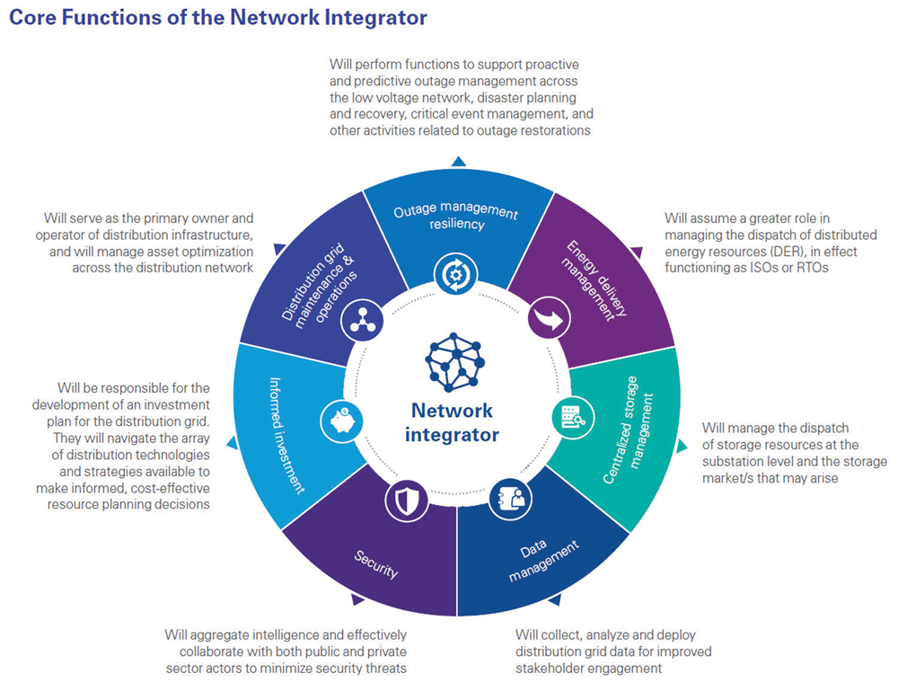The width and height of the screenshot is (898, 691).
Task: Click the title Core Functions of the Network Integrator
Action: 218,18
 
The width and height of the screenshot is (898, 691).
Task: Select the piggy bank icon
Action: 342,418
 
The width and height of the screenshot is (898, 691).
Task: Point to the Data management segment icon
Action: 504,500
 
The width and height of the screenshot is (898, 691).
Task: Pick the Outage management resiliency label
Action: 455,218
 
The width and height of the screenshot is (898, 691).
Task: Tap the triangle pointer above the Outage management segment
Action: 458,161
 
